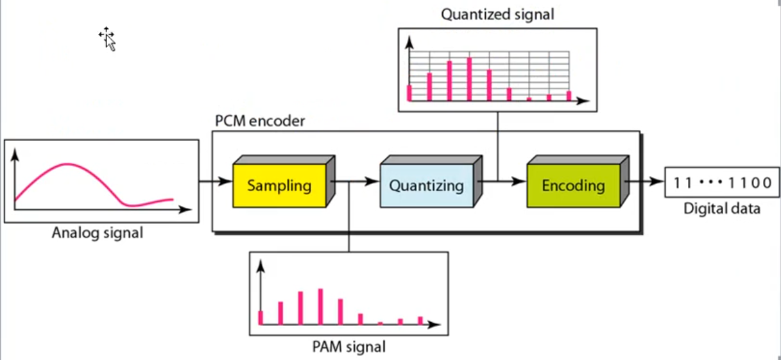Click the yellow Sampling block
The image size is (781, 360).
279,186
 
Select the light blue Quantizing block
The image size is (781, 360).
426,186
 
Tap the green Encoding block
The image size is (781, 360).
573,186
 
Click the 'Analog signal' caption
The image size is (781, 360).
98,233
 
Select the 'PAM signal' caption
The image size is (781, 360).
348,348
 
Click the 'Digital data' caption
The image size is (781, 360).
722,209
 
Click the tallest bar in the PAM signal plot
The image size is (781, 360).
320,307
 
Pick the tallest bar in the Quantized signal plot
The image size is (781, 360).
470,79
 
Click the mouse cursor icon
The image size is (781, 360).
107,39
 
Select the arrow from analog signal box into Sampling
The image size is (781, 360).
215,182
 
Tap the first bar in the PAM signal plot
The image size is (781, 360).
261,317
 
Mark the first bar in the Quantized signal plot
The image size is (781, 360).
409,92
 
